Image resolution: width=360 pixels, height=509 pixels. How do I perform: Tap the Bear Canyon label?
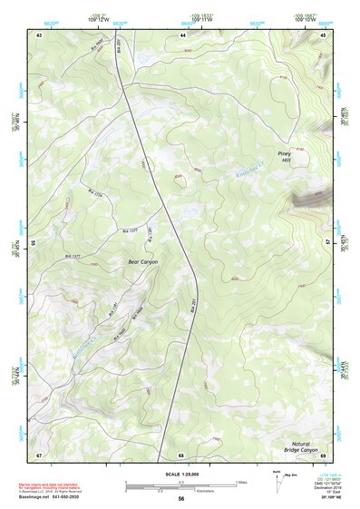(142, 261)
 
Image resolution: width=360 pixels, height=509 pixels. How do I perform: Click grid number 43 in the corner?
(39, 34)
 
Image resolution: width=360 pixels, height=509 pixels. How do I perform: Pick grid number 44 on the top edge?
(182, 34)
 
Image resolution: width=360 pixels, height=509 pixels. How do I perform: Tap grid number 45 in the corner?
(323, 34)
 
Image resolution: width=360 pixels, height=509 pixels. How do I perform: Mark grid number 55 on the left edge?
(33, 243)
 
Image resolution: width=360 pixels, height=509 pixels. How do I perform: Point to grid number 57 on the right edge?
(329, 243)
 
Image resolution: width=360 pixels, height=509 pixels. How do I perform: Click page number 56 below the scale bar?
(181, 499)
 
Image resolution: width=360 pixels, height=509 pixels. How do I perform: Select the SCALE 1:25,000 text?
(181, 475)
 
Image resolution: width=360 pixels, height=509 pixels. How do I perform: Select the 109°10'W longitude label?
(305, 17)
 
